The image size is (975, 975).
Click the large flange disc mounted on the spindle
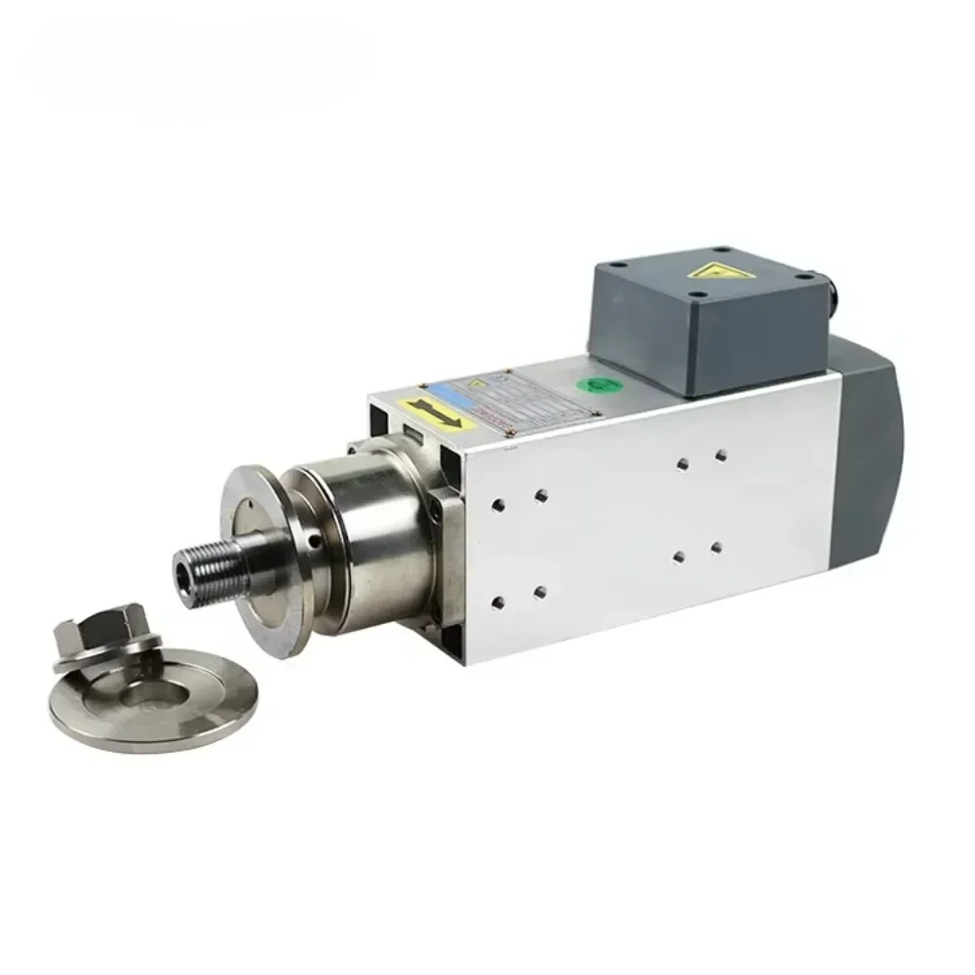pos(255,556)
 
